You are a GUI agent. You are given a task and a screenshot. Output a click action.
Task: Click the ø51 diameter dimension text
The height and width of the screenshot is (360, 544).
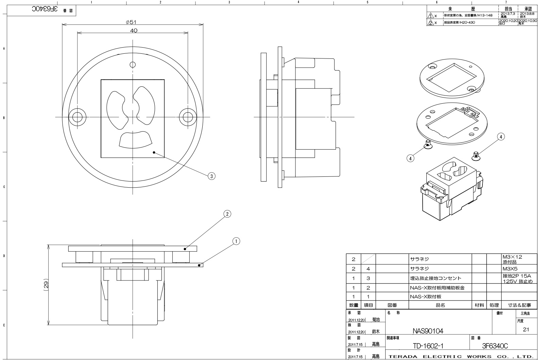(x=131, y=22)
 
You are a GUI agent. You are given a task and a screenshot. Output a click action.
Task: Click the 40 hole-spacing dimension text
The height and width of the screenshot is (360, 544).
(x=134, y=31)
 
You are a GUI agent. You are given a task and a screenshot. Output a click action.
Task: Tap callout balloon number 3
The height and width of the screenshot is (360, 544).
(x=211, y=176)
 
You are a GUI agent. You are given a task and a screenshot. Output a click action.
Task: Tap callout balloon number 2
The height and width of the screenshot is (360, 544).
(x=227, y=214)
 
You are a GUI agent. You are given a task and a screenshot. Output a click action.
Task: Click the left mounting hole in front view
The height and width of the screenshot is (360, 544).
(x=77, y=117)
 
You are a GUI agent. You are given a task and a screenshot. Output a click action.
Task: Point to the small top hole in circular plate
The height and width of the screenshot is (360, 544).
(x=133, y=65)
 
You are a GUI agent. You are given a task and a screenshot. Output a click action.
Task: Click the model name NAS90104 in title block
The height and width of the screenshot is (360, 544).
(x=428, y=330)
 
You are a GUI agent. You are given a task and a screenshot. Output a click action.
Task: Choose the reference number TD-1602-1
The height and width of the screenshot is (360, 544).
(x=428, y=346)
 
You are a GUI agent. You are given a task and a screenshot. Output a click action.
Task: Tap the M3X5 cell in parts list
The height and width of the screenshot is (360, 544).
(x=510, y=269)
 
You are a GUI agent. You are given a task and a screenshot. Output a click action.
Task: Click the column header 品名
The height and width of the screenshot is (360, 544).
(x=440, y=305)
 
